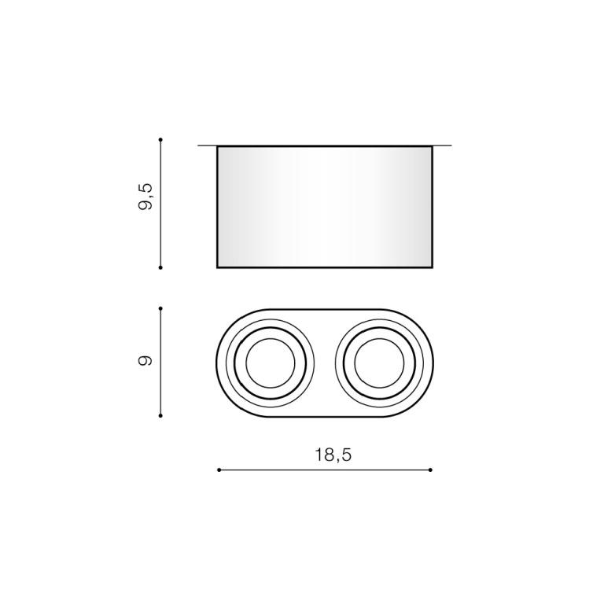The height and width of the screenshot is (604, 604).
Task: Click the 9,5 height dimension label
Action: [x=145, y=197]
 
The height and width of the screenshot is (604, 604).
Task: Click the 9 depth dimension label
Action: [x=145, y=360]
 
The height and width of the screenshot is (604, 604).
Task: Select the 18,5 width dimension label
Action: [x=333, y=455]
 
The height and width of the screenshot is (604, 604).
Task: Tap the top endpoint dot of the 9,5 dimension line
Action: [x=160, y=139]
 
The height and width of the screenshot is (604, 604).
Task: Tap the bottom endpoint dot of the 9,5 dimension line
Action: [x=160, y=267]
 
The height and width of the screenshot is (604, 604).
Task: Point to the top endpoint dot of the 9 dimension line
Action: [x=160, y=308]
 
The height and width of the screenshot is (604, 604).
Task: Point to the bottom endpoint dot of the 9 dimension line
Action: [x=160, y=415]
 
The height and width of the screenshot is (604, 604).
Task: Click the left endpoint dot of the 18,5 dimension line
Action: [x=219, y=470]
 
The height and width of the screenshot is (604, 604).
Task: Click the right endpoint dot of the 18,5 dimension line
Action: [x=430, y=470]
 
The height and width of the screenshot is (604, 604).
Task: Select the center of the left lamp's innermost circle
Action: [x=271, y=363]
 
